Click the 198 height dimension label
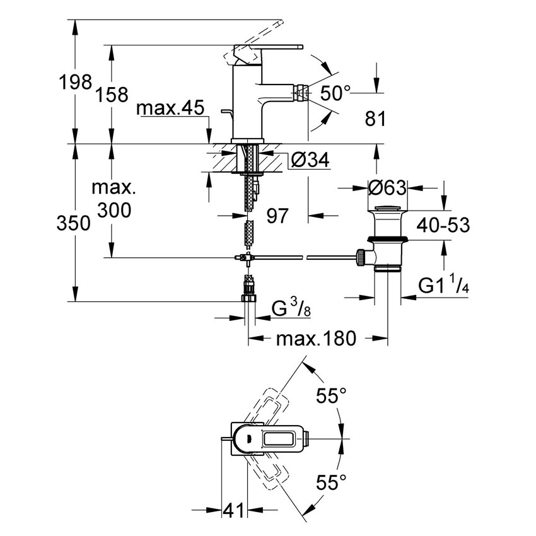point(75,83)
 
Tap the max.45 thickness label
point(171,109)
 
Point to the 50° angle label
point(334,93)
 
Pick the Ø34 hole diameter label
point(311,161)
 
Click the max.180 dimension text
point(317,339)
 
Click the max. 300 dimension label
point(113,199)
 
